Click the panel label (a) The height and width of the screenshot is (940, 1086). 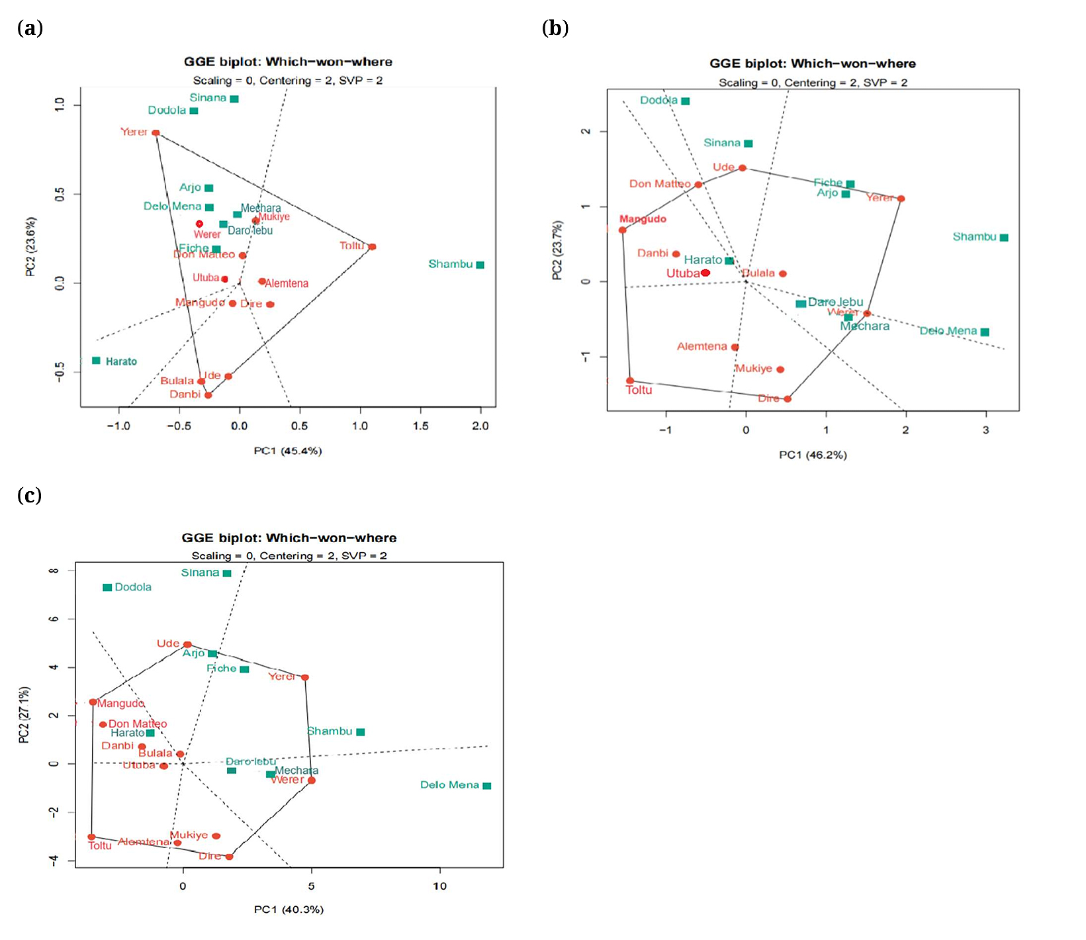pyautogui.click(x=30, y=28)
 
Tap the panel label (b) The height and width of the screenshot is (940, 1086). pyautogui.click(x=555, y=28)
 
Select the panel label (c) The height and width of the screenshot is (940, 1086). pyautogui.click(x=29, y=495)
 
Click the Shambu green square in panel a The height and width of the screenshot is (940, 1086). pyautogui.click(x=480, y=265)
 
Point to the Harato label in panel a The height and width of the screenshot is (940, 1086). pyautogui.click(x=121, y=361)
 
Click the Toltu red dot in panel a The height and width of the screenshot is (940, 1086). pyautogui.click(x=373, y=247)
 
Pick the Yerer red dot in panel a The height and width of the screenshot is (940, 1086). pyautogui.click(x=156, y=133)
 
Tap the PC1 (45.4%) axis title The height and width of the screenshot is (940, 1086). pyautogui.click(x=287, y=451)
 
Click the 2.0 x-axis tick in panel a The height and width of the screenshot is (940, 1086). pyautogui.click(x=480, y=426)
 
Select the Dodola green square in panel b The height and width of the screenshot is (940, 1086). pyautogui.click(x=686, y=101)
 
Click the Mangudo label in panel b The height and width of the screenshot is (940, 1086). pyautogui.click(x=643, y=219)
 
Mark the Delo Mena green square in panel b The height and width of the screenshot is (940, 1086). pyautogui.click(x=985, y=332)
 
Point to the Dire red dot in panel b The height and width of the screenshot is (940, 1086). pyautogui.click(x=788, y=399)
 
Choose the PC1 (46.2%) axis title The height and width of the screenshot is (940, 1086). pyautogui.click(x=813, y=455)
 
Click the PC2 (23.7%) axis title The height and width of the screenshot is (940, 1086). pyautogui.click(x=557, y=250)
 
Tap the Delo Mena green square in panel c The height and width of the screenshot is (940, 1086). pyautogui.click(x=487, y=786)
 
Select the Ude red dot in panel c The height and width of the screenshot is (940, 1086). pyautogui.click(x=187, y=645)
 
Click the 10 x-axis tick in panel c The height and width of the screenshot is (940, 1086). pyautogui.click(x=439, y=886)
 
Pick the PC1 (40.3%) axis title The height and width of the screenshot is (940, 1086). pyautogui.click(x=289, y=910)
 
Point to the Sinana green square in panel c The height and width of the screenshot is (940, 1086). pyautogui.click(x=227, y=573)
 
